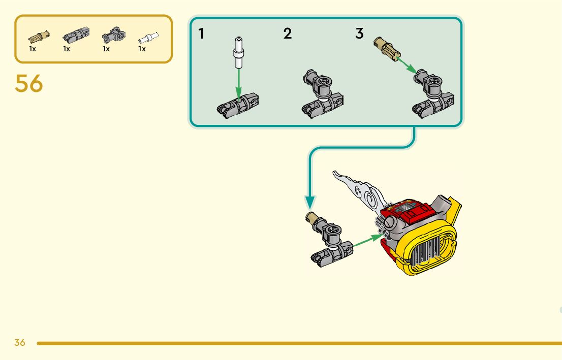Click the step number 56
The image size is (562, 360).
[x=29, y=84]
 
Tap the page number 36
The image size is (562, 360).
[x=20, y=343]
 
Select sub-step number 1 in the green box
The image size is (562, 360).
[x=202, y=34]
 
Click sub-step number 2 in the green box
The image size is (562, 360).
[x=288, y=34]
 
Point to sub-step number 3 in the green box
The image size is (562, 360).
[x=360, y=34]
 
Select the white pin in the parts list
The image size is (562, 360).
[x=148, y=38]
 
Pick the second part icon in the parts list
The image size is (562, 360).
[x=75, y=36]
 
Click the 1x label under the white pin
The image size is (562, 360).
[x=142, y=49]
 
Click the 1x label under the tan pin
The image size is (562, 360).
[x=33, y=49]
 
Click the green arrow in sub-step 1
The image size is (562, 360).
[x=238, y=84]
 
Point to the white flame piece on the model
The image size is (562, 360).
[x=358, y=191]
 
